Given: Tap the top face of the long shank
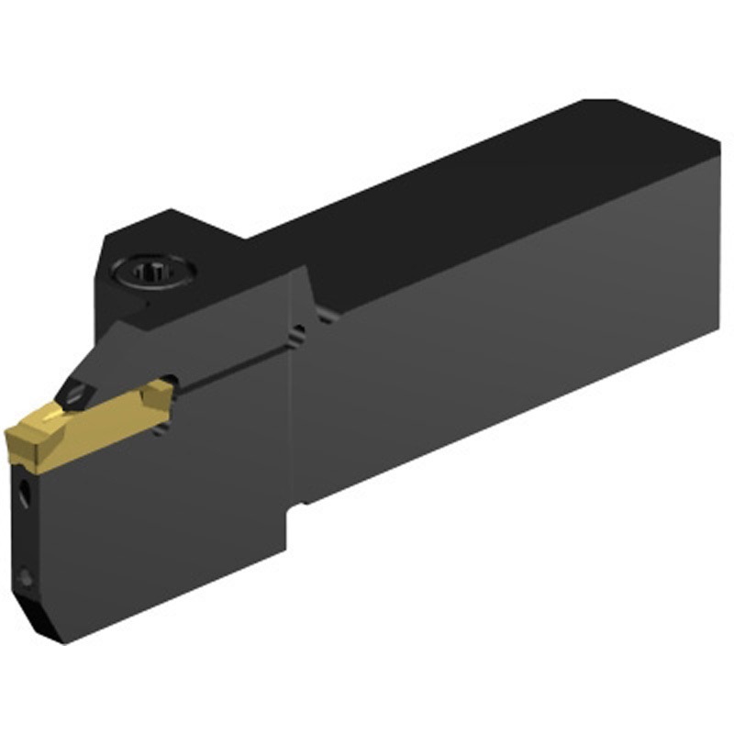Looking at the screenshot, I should pyautogui.click(x=486, y=202).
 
